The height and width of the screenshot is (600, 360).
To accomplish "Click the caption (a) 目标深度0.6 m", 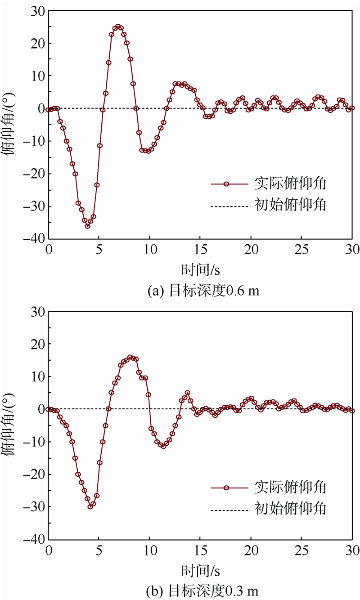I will coord(203,291).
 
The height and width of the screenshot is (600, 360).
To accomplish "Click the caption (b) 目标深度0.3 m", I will coord(203,590).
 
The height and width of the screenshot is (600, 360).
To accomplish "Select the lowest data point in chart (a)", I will coord(88,226).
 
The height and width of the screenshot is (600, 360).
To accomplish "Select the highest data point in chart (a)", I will coord(118,27).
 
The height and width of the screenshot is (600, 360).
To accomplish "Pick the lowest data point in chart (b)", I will coord(90,506).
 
